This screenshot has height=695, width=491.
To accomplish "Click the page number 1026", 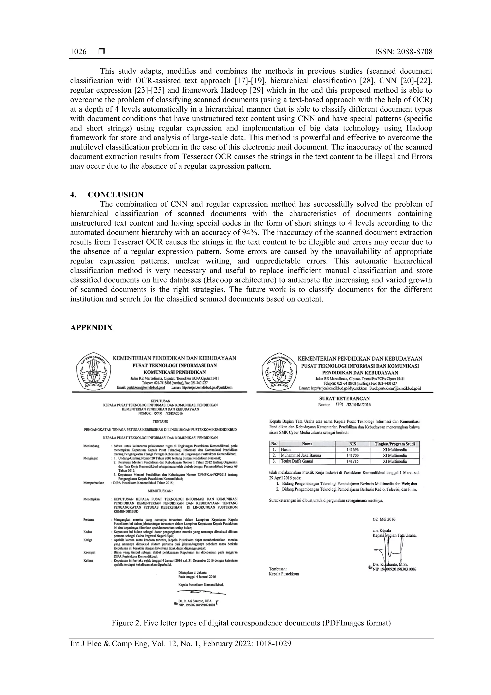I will click(x=78, y=52).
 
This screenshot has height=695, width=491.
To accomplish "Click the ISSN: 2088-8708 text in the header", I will click(x=403, y=52).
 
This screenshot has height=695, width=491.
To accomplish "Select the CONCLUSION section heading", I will click(x=116, y=194).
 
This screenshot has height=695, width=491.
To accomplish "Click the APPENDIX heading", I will click(x=91, y=327).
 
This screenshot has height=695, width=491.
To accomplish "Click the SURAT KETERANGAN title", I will click(x=344, y=399).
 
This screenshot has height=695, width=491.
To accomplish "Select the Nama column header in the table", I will click(x=307, y=444).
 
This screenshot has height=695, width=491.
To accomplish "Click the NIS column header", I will click(x=352, y=444).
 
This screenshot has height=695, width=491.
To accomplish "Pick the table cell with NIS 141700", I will click(x=352, y=455).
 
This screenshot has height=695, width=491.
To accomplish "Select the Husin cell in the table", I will click(x=286, y=450).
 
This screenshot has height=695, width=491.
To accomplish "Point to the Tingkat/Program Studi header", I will click(x=395, y=444).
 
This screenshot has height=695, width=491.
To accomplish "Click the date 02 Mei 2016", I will click(x=384, y=519).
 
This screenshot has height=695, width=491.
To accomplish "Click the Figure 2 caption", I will click(x=251, y=623).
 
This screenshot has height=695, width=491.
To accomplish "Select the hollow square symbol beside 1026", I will click(x=102, y=52).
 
